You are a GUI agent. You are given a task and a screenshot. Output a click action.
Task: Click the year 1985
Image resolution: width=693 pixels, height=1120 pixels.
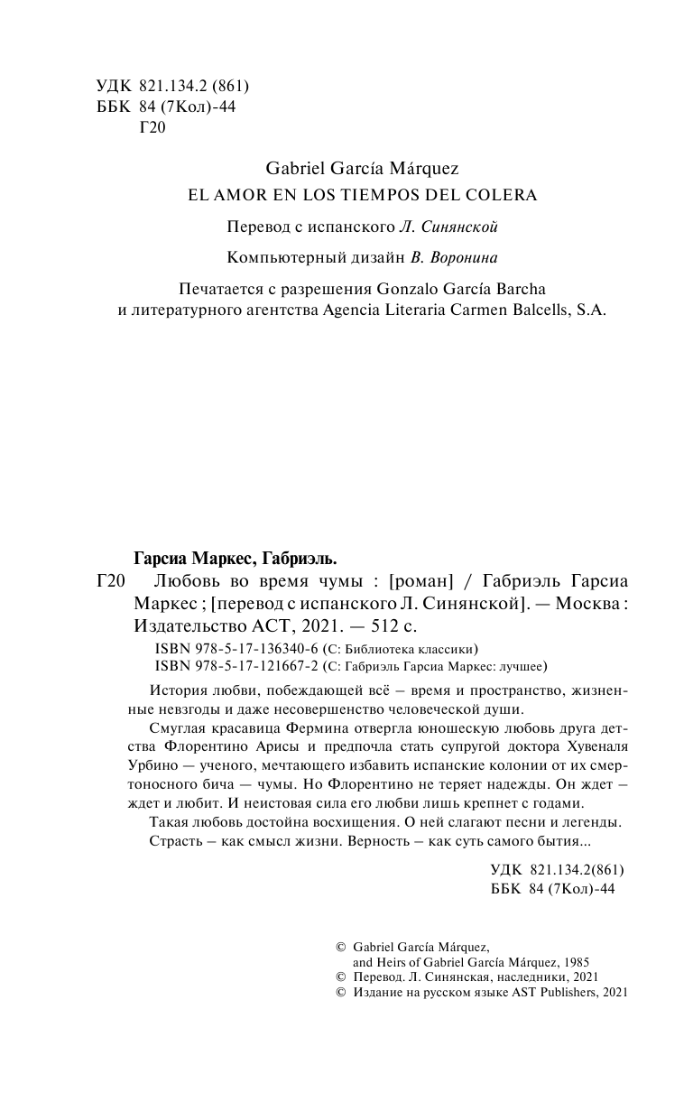pyautogui.click(x=572, y=962)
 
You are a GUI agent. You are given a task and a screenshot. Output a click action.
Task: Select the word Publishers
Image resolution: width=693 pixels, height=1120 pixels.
pyautogui.click(x=559, y=991)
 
